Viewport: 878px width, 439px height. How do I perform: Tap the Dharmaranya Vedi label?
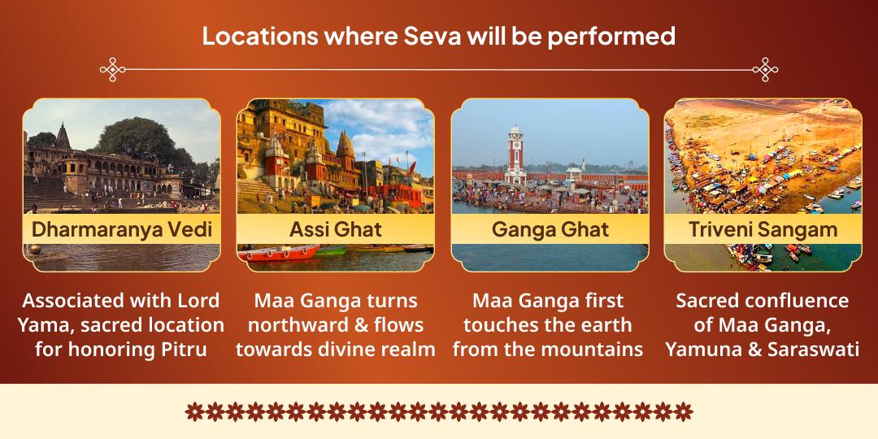tap(122, 229)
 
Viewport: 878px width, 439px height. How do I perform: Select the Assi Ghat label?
tap(335, 229)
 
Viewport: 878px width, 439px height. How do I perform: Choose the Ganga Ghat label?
tap(550, 229)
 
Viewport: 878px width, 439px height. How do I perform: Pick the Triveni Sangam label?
tap(763, 229)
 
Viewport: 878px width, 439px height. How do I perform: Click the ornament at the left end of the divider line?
tap(113, 70)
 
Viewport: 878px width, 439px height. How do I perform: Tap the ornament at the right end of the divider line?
tap(765, 70)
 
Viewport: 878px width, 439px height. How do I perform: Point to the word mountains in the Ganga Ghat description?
tap(593, 350)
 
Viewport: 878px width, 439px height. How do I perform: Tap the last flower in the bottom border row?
tap(684, 411)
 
